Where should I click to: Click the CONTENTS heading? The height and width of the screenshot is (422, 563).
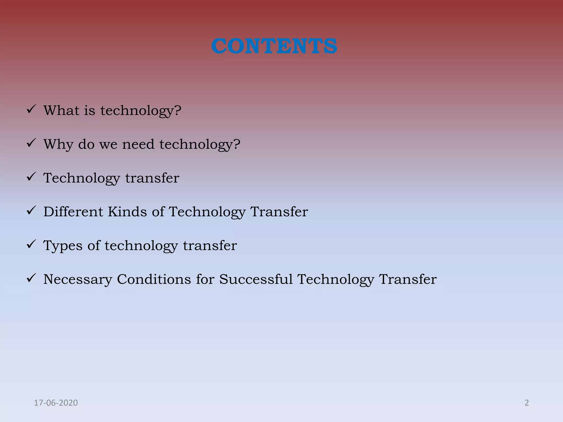(274, 46)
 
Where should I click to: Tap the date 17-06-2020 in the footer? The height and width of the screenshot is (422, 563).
(56, 403)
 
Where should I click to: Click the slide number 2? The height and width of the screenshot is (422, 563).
(526, 403)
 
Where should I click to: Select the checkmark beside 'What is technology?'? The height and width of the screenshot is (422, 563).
(31, 109)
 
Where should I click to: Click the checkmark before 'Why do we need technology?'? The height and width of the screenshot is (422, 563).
(31, 143)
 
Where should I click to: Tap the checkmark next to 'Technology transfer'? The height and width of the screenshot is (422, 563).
(31, 177)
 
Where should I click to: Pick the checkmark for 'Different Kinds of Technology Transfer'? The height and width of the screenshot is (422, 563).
(31, 211)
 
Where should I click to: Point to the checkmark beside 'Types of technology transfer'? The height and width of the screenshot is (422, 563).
(31, 244)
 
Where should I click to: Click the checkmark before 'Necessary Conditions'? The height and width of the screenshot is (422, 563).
(31, 278)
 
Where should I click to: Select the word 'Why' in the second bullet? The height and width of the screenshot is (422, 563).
(59, 144)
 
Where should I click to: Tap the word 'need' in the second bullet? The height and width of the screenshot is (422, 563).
(138, 144)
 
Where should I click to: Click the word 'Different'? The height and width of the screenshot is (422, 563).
(73, 212)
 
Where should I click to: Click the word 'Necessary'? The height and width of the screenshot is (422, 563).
(78, 279)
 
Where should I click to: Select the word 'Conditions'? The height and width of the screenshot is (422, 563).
(154, 279)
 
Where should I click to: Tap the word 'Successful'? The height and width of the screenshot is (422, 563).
(256, 279)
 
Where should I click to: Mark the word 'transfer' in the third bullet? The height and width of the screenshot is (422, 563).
(152, 178)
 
